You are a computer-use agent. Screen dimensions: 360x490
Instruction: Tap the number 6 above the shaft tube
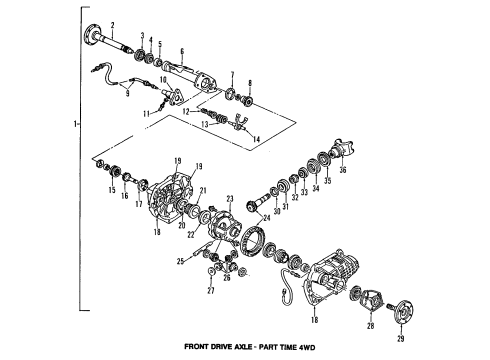click(x=181, y=51)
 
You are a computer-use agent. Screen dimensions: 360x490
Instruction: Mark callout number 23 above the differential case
click(x=228, y=197)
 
